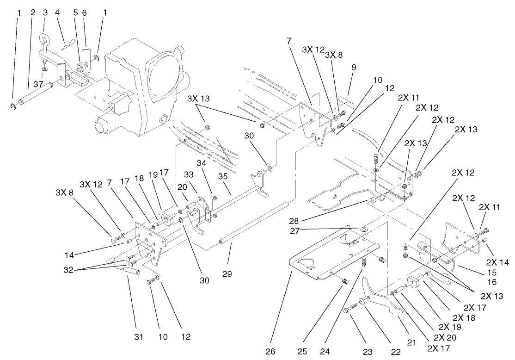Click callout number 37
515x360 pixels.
point(38,84)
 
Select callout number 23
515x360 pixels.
point(368,352)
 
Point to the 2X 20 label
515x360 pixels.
point(444,337)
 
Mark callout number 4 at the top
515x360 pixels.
point(57,13)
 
